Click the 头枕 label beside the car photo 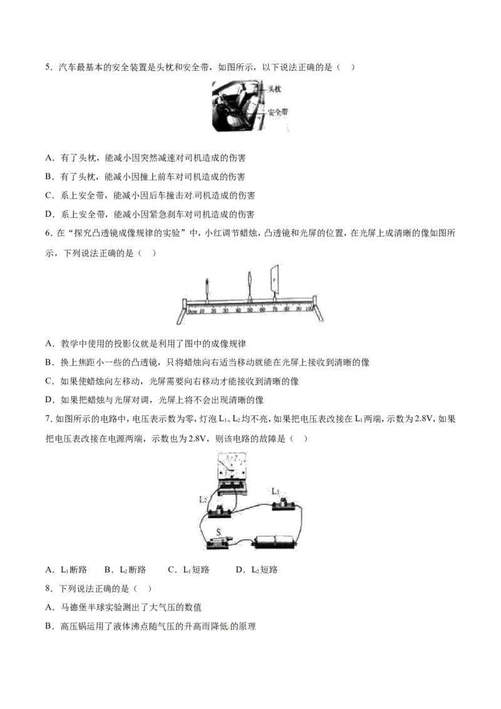coord(274,89)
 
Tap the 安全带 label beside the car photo coord(278,111)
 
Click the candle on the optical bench coord(207,290)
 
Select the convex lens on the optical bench coord(250,285)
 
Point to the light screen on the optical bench coord(274,281)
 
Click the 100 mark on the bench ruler coord(308,310)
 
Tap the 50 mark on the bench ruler coord(250,310)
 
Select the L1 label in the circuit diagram coord(276,491)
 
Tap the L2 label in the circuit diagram coord(203,500)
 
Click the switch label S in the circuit coord(219,532)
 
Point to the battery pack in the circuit coord(275,542)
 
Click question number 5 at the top coord(49,68)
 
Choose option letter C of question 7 coord(172,570)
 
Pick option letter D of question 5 coord(49,214)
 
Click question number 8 coord(49,589)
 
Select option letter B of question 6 coord(49,363)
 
